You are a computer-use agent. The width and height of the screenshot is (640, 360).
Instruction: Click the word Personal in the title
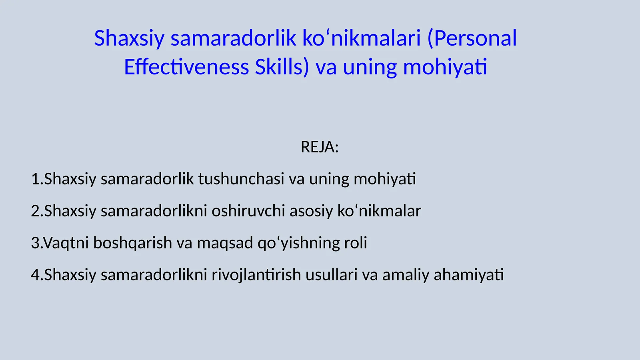point(476,38)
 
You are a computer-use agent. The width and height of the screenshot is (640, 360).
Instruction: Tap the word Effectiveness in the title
point(186,67)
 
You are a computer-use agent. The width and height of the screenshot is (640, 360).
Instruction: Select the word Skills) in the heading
point(282,67)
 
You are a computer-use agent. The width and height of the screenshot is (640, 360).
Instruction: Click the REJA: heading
point(320,147)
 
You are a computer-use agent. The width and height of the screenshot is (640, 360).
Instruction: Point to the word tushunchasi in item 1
point(241,179)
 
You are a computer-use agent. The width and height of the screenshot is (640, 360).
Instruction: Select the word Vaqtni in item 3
point(66,243)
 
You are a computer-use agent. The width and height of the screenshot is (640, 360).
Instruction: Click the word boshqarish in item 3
point(132,243)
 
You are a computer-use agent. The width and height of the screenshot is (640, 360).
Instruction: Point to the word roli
point(356,243)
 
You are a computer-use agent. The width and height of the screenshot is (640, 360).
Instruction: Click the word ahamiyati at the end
point(468,275)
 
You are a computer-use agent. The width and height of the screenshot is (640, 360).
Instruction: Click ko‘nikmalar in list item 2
point(379,211)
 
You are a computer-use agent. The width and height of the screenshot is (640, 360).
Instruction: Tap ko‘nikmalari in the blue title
point(361,38)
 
